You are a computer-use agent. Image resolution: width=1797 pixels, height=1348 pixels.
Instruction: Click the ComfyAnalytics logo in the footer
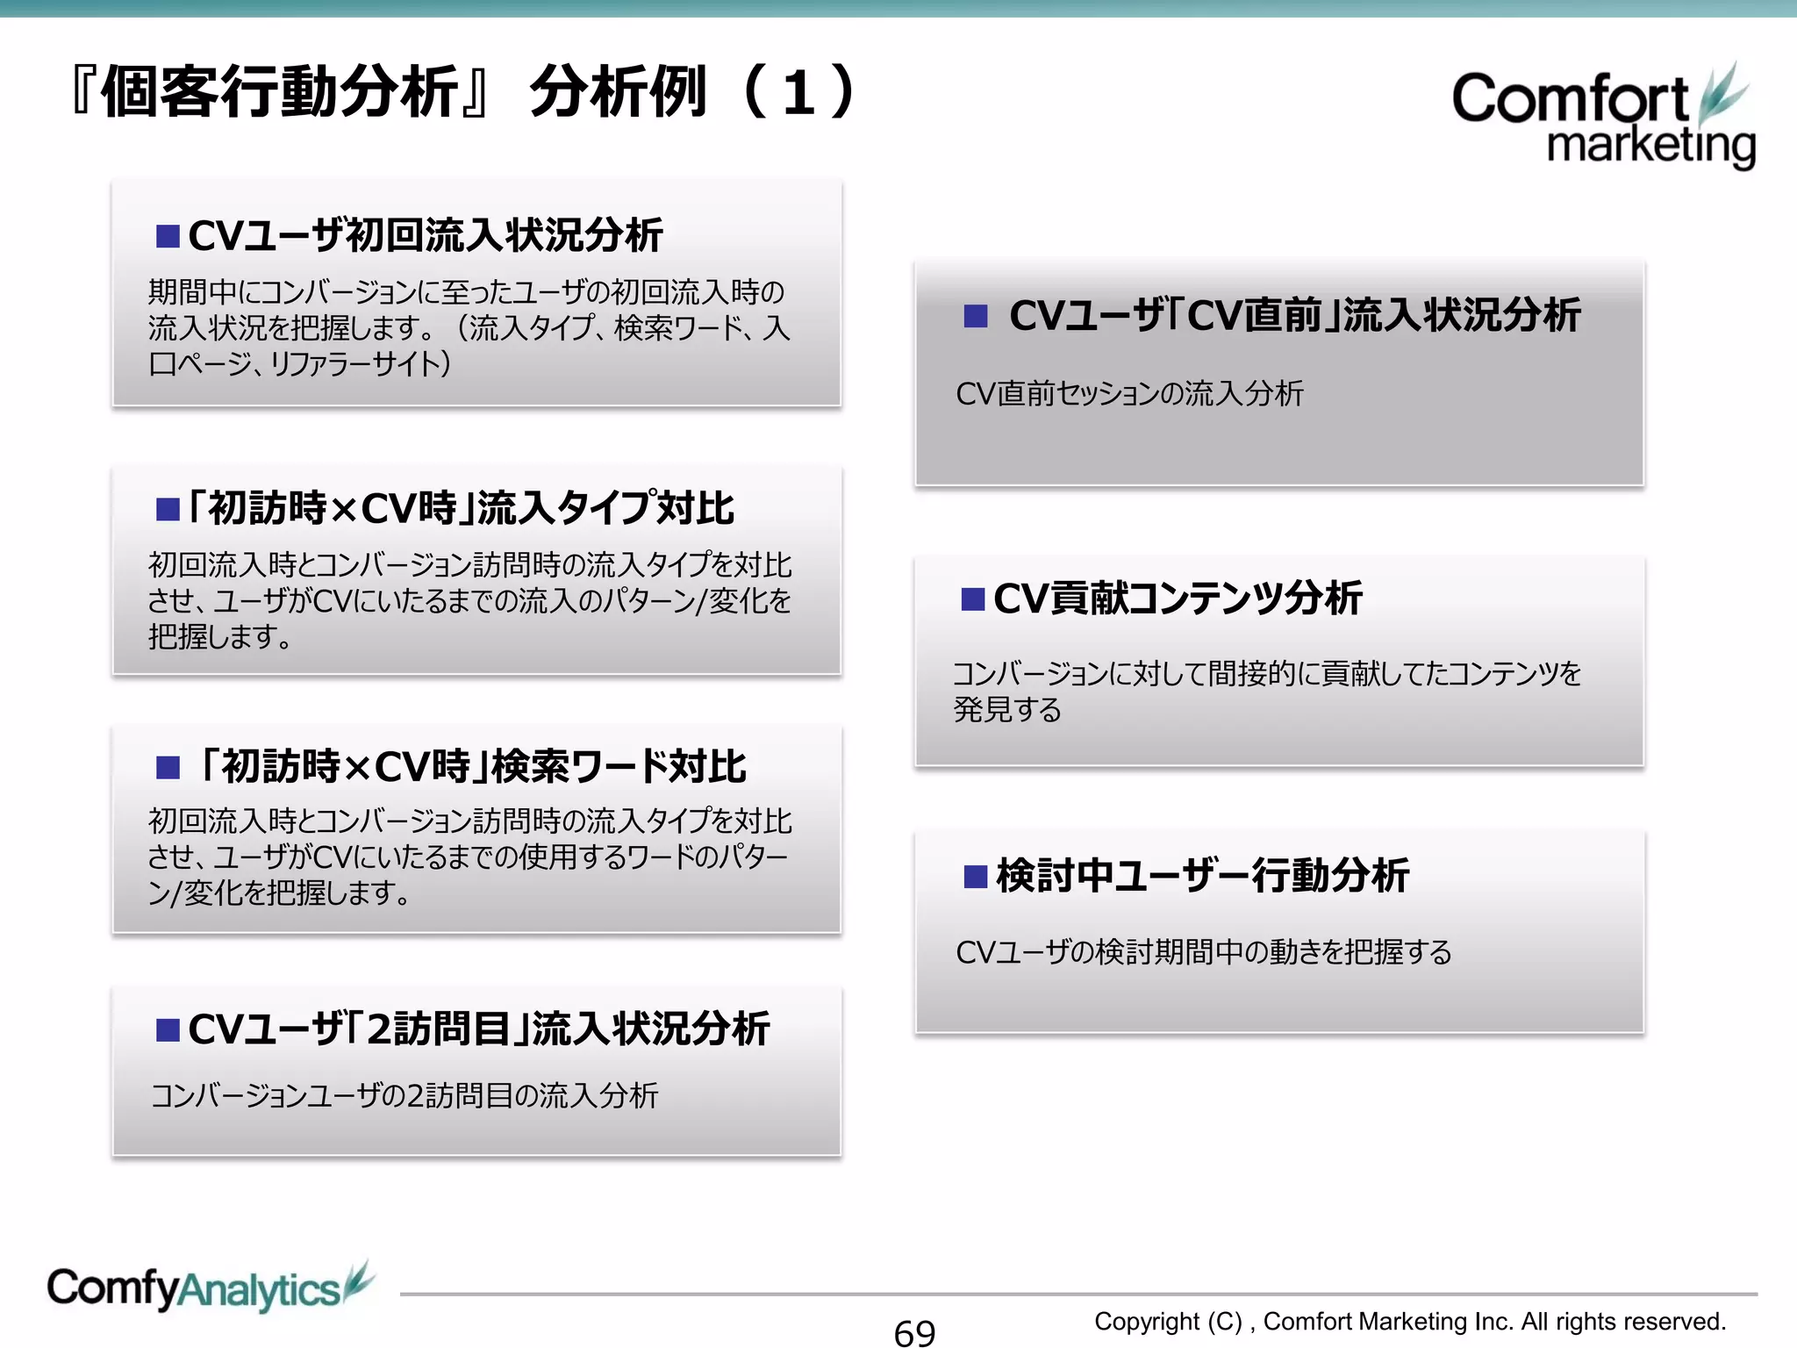[x=209, y=1288]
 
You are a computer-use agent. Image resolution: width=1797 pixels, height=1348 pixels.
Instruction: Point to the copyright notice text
[x=1409, y=1321]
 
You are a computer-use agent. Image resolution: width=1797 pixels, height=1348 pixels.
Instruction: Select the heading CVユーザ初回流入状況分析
[x=426, y=235]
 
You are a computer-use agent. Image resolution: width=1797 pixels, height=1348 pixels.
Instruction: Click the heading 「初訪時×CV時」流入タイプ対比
[x=461, y=508]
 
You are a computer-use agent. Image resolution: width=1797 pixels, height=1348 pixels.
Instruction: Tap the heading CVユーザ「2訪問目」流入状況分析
[x=478, y=1029]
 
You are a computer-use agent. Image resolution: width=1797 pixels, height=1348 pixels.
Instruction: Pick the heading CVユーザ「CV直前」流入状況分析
[x=1294, y=315]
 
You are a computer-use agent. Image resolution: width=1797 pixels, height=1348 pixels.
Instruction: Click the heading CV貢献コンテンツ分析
[x=1178, y=599]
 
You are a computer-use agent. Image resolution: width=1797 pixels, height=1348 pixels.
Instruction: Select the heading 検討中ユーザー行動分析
[x=1202, y=875]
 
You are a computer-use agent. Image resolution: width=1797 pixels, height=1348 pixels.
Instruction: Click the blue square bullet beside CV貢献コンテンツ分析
[x=973, y=599]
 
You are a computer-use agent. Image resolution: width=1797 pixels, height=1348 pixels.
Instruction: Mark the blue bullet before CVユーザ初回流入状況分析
[x=168, y=236]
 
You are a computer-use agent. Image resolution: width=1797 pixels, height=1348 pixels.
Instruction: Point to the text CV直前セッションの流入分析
[x=1129, y=394]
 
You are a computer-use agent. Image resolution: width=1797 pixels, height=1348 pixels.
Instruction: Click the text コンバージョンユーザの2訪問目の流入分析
[x=405, y=1095]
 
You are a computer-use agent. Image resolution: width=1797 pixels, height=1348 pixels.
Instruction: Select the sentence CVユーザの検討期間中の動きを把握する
[x=1203, y=951]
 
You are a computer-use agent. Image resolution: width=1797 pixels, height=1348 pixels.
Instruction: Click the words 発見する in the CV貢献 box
[x=1007, y=709]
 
